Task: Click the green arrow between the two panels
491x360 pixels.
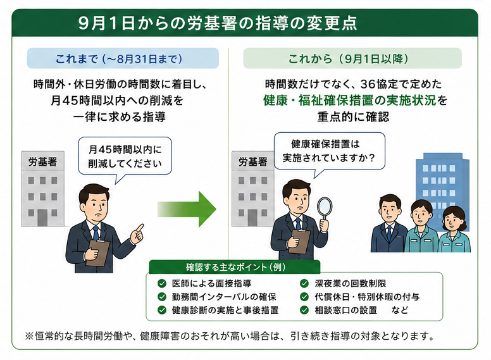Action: [187, 209]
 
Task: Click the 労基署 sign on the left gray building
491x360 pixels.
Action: [43, 161]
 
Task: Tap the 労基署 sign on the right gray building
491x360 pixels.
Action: [253, 161]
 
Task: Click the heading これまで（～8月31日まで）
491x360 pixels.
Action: [119, 59]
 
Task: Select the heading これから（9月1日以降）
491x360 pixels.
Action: [348, 59]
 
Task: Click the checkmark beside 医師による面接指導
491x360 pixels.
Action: [162, 283]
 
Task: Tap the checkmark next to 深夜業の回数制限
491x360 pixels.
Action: [304, 283]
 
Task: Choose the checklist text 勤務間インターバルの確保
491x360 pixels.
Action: [224, 297]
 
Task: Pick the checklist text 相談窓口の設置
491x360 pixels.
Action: [345, 310]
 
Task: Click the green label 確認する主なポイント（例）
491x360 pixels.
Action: [235, 268]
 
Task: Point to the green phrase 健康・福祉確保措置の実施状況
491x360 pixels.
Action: [349, 100]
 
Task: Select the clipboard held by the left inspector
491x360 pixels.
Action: [98, 252]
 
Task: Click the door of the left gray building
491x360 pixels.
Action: [42, 218]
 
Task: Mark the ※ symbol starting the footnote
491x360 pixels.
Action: [29, 336]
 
